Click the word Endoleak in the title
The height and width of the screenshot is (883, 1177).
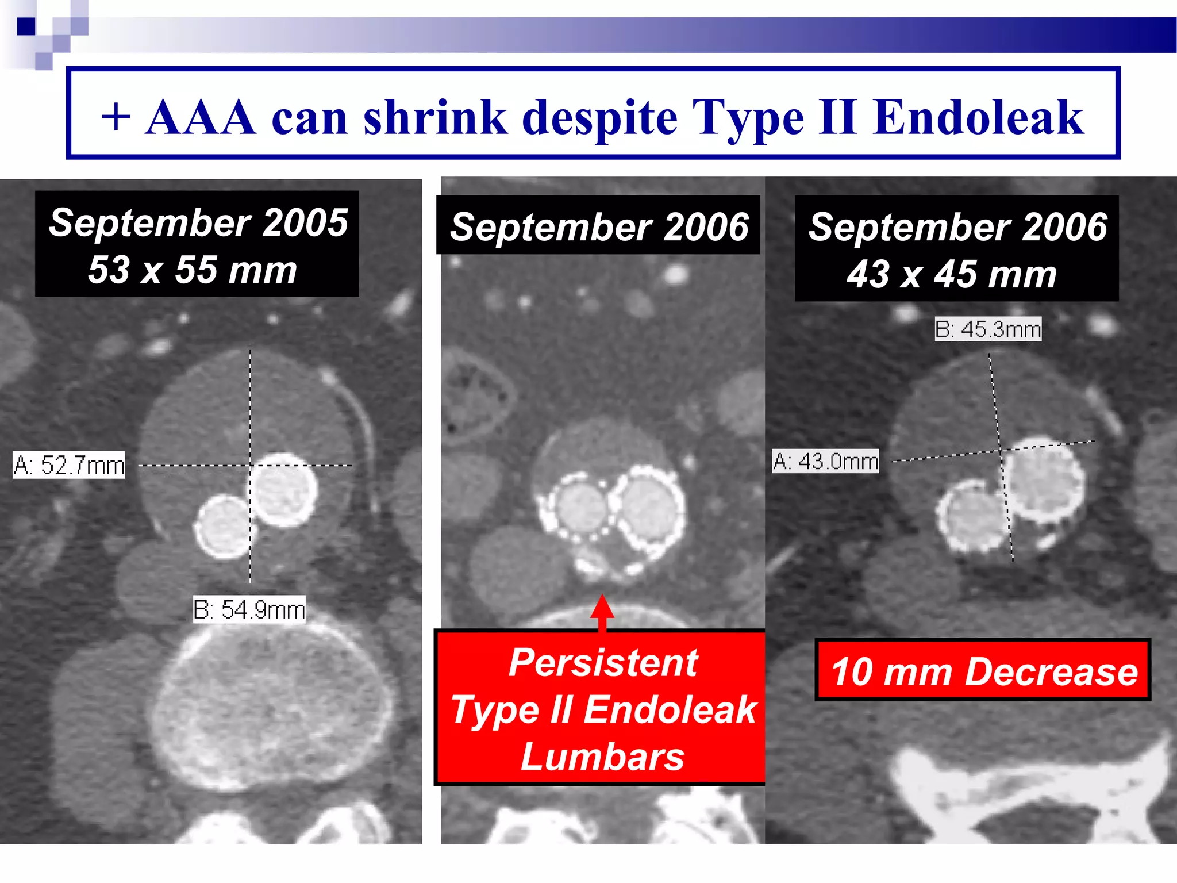click(x=978, y=118)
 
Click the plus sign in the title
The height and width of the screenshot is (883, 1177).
click(x=117, y=118)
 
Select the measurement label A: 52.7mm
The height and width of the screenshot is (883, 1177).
click(x=70, y=465)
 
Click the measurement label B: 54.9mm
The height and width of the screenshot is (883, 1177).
click(x=249, y=609)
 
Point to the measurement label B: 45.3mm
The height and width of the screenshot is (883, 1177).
click(x=988, y=329)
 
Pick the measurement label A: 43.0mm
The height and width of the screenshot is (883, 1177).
click(x=825, y=461)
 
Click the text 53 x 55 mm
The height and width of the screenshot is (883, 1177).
click(x=193, y=270)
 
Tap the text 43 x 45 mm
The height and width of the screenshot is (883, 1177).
click(x=952, y=274)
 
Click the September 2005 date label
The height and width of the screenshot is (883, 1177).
click(x=198, y=222)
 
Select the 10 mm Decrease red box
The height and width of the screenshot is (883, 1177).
click(x=983, y=671)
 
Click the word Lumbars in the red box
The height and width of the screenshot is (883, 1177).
click(x=602, y=757)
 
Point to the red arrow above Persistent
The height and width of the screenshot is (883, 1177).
click(x=602, y=611)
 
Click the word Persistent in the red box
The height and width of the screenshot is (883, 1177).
click(x=603, y=662)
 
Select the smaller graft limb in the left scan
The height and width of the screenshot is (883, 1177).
click(x=224, y=527)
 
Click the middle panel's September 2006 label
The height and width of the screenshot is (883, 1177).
click(x=599, y=226)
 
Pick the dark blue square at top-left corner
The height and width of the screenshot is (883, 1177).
click(x=25, y=26)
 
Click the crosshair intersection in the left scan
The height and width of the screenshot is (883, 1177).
click(x=250, y=465)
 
